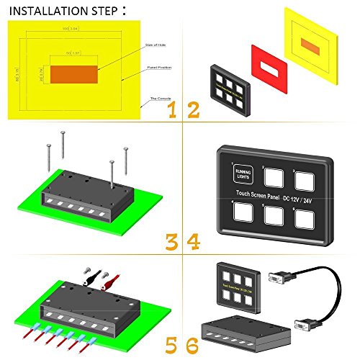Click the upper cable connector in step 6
(x=279, y=277)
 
